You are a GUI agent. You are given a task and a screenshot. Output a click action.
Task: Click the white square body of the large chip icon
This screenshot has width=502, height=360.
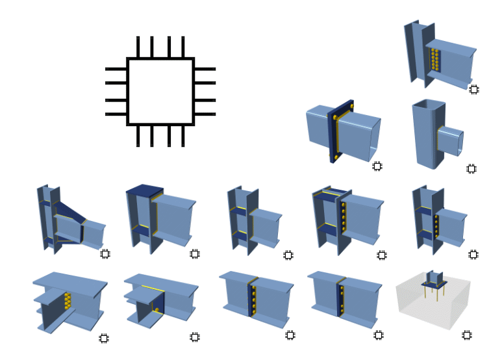pyautogui.click(x=160, y=91)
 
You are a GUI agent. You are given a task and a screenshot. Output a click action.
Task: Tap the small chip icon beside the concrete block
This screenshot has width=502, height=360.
pyautogui.click(x=466, y=335)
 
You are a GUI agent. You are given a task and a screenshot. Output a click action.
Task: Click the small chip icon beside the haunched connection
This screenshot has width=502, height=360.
pyautogui.click(x=105, y=254)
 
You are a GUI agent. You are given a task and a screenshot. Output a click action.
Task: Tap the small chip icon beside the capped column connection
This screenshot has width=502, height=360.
pyautogui.click(x=194, y=254)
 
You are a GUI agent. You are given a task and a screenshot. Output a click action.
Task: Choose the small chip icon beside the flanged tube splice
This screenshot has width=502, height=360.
pyautogui.click(x=377, y=166)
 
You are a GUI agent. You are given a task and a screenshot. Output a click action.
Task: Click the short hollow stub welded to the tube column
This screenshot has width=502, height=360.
pyautogui.click(x=451, y=142)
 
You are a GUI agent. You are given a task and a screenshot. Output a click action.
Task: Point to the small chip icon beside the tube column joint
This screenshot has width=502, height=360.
pyautogui.click(x=471, y=169)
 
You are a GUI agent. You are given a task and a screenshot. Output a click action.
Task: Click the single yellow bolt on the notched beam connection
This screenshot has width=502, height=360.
pyautogui.click(x=157, y=310)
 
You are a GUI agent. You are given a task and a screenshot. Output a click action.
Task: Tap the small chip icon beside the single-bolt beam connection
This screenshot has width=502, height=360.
pyautogui.click(x=194, y=337)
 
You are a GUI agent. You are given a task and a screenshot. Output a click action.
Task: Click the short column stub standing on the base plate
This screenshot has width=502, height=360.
pyautogui.click(x=434, y=277)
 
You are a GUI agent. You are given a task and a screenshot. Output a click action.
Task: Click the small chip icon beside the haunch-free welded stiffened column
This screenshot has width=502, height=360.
pyautogui.click(x=288, y=255)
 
